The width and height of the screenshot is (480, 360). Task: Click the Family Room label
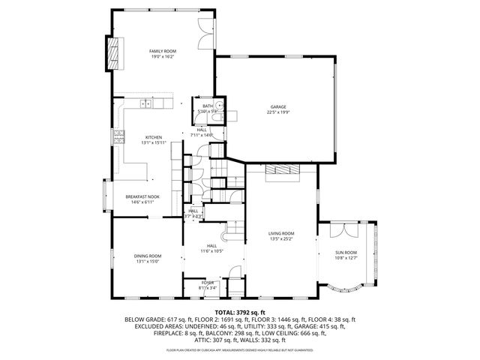point(163,51)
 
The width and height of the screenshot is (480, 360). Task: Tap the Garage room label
point(278,107)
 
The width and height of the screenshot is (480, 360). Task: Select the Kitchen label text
point(154,137)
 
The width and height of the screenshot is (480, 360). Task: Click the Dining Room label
point(148,256)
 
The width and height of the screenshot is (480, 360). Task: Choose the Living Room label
point(281,234)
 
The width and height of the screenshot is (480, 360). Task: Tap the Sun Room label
point(346,253)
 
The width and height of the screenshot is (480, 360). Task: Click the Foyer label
point(208,282)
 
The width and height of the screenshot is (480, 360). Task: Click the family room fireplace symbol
point(113,52)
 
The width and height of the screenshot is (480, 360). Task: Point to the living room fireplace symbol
point(283,169)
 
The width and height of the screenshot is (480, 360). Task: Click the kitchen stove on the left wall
point(118,137)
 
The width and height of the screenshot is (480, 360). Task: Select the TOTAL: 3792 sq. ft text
point(240,312)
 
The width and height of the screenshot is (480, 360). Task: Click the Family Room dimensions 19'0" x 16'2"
point(163,57)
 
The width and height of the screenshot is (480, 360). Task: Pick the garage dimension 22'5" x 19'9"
point(278,113)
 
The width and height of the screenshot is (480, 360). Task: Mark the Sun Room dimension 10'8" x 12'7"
point(346,259)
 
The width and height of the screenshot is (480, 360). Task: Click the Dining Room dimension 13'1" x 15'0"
point(148,262)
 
